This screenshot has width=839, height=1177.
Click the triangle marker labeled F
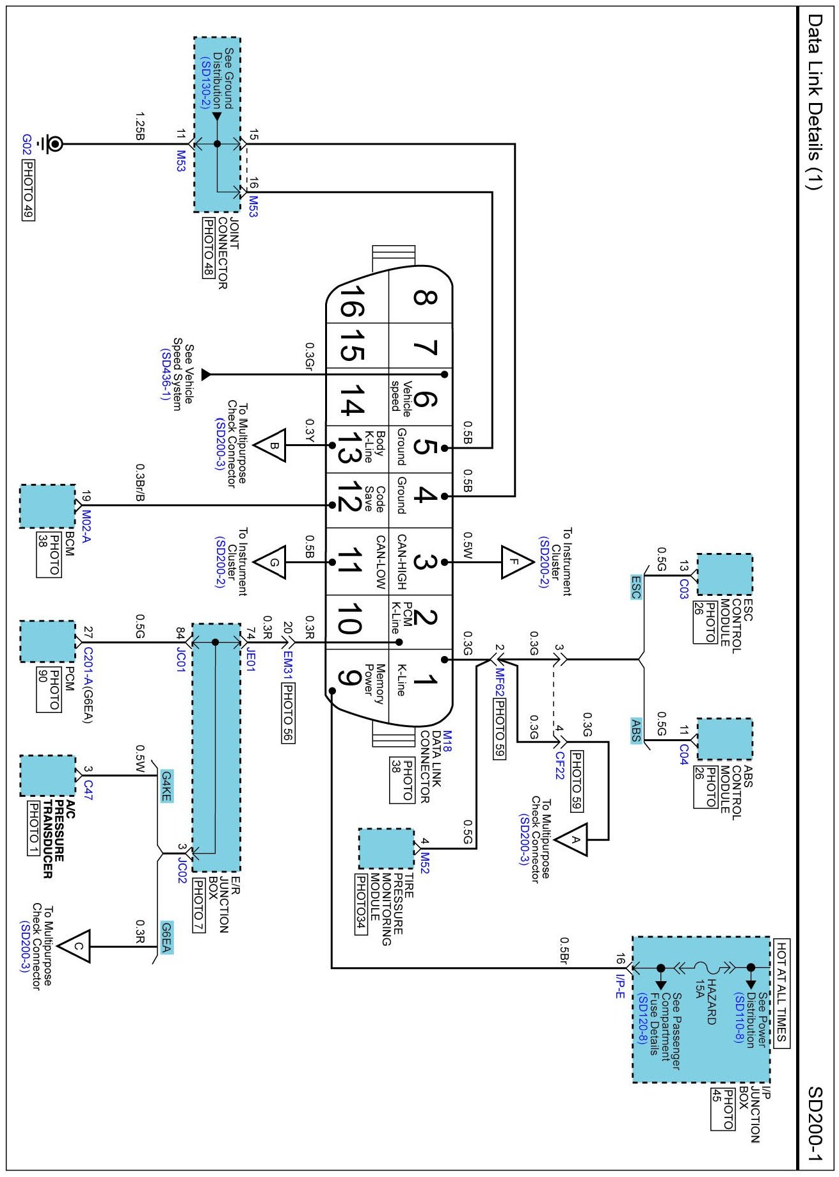coord(516,562)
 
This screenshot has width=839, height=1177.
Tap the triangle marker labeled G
coord(270,563)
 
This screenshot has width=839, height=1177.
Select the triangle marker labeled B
coord(270,445)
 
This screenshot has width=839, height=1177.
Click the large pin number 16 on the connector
coord(351,301)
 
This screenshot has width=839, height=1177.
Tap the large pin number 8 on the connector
coord(425,298)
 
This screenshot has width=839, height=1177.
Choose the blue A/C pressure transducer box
coord(47,776)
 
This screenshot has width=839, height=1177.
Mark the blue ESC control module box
coord(724,575)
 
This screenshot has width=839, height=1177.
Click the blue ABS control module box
coord(724,739)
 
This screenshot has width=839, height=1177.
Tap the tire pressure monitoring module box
coord(386,849)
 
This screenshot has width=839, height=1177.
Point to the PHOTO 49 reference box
coord(28,189)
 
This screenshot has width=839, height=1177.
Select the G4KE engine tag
coord(166,786)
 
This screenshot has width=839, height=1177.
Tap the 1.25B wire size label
coord(140,126)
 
